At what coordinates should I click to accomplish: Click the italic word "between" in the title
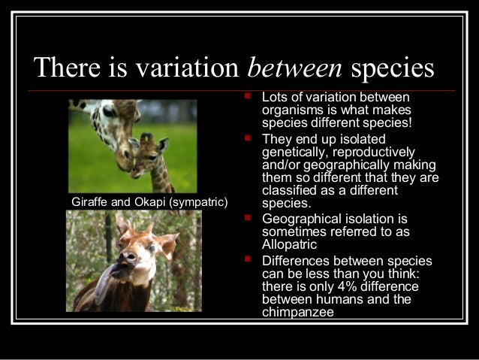(x=295, y=68)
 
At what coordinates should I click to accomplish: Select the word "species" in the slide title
(x=393, y=68)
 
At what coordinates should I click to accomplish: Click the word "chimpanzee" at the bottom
(x=298, y=313)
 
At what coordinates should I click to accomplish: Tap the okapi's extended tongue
(x=104, y=277)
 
